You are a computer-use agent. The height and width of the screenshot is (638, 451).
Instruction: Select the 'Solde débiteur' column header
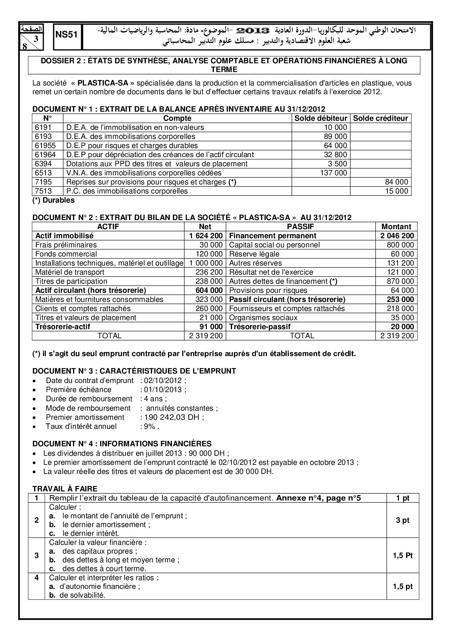(320, 118)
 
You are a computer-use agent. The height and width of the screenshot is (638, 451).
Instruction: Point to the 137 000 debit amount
(334, 173)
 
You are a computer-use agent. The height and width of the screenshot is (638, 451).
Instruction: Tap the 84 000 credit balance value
(396, 182)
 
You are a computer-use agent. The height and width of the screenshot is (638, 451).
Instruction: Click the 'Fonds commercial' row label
(66, 254)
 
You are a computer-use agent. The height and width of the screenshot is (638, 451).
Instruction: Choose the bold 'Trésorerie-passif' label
(260, 327)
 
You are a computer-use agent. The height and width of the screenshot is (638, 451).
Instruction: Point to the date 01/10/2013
(163, 390)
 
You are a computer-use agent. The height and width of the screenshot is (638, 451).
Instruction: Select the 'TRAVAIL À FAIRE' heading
(65, 489)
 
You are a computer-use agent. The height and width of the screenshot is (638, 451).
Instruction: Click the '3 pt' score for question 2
(403, 520)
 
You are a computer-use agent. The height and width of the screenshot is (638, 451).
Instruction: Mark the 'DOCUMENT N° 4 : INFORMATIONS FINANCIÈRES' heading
(122, 444)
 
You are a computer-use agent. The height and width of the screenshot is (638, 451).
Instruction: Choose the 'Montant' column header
(396, 227)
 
